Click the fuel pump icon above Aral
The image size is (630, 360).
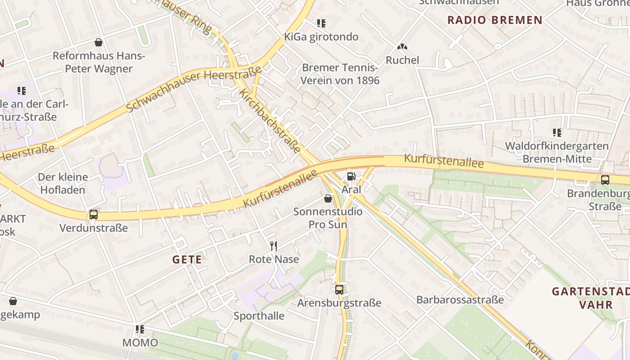point(351,176)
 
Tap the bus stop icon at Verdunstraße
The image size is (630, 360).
point(94,215)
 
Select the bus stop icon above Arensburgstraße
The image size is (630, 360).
point(339,290)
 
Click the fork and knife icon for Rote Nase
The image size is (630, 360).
point(273,246)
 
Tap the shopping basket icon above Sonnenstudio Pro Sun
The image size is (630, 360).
point(328,198)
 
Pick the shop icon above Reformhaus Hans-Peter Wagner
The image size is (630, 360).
point(99,42)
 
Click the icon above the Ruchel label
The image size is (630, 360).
point(402,47)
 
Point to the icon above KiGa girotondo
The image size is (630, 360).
point(321,23)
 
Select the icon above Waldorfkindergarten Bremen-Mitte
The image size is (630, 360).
point(557,133)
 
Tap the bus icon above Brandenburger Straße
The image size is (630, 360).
point(605,180)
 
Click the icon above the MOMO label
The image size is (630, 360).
point(140,329)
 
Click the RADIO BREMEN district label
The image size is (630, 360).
point(495,20)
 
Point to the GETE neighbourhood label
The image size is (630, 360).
point(187,260)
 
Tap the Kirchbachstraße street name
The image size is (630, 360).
point(270,121)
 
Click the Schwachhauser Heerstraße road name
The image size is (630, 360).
point(194,89)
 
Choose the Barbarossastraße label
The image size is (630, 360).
point(460,300)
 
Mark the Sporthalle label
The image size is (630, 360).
point(259,316)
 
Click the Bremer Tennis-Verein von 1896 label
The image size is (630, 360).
point(340,74)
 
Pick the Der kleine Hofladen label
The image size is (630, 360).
point(63,183)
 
